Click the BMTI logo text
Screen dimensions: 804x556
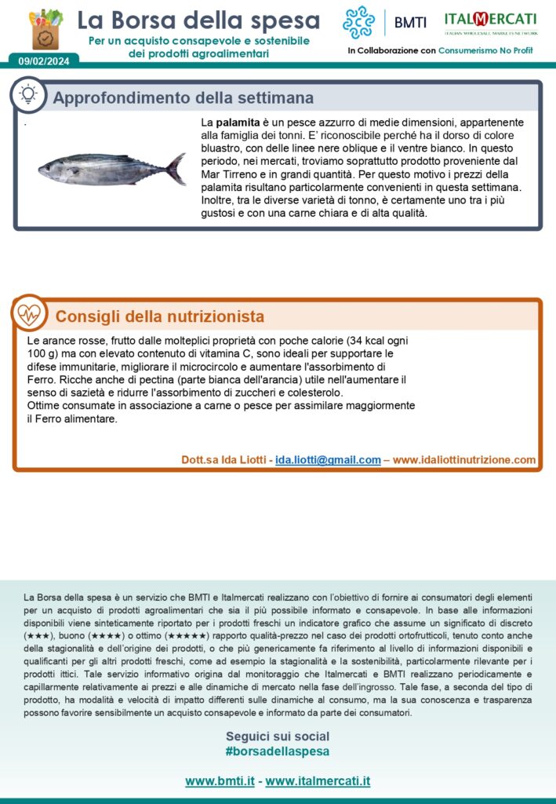coord(410,23)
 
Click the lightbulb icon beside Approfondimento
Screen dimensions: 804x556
coord(29,95)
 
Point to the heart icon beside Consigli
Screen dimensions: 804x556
coord(29,315)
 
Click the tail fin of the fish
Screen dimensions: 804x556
coord(177,168)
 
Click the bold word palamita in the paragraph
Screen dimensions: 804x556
coord(238,123)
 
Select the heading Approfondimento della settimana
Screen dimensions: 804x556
coord(183,98)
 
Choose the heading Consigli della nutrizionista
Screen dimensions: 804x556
coord(159,317)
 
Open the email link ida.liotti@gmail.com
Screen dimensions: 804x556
coord(328,460)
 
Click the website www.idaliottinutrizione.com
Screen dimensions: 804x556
coord(464,460)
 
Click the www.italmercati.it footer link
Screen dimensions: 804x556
coord(318,781)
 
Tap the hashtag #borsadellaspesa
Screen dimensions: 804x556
coord(278,751)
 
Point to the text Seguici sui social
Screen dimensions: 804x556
coord(278,736)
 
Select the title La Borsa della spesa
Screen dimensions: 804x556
coord(198,20)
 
